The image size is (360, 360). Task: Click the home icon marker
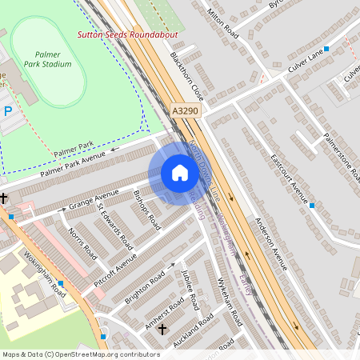pos(180,173)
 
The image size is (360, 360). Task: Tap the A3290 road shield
pos(184,111)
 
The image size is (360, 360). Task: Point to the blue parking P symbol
pos(8,112)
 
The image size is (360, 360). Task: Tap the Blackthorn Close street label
pos(186,76)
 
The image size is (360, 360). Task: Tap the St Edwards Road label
pos(114,225)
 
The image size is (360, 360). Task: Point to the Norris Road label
pos(82,243)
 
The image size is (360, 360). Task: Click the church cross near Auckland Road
pos(163,329)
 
